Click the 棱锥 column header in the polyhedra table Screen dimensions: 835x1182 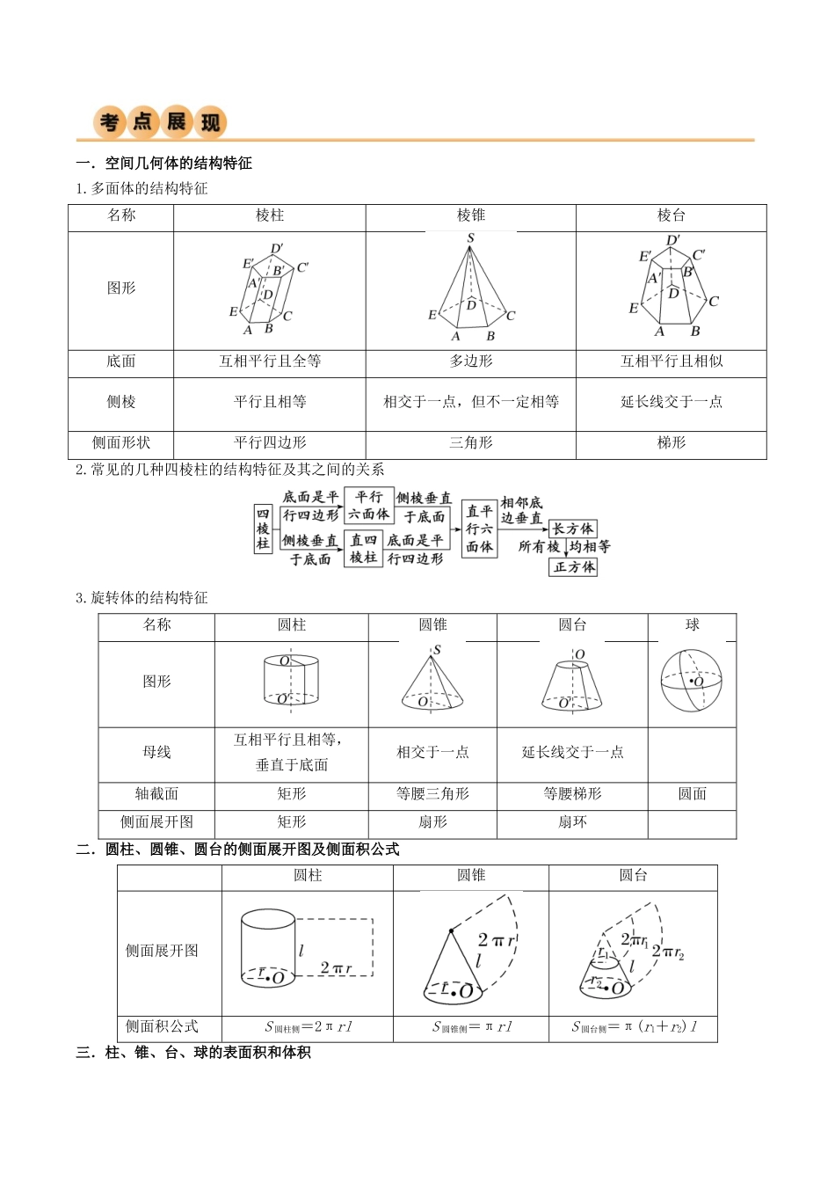click(470, 215)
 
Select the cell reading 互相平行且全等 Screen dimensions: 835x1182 click(270, 361)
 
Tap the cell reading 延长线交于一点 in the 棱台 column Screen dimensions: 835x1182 click(671, 402)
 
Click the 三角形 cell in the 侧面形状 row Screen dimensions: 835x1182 click(470, 442)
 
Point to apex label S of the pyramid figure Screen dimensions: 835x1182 click(471, 238)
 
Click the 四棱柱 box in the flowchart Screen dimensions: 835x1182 click(263, 529)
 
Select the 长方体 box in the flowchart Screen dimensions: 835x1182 click(573, 529)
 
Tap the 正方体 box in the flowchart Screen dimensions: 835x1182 click(574, 567)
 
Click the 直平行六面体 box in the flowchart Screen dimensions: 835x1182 click(479, 529)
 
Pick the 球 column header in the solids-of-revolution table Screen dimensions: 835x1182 click(692, 625)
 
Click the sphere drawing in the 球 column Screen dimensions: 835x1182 click(691, 682)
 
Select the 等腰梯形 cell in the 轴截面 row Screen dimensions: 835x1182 click(572, 794)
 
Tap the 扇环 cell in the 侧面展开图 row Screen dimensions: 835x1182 click(572, 822)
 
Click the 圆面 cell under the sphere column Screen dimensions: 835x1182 click(692, 794)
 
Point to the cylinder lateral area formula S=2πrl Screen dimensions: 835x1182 click(308, 1026)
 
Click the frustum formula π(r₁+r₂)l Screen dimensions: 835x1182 click(633, 1026)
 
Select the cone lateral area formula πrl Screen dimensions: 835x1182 click(472, 1026)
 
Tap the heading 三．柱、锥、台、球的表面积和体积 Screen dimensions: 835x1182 click(193, 1053)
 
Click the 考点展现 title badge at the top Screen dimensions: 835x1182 click(161, 122)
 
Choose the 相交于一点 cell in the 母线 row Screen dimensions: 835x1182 click(432, 752)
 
